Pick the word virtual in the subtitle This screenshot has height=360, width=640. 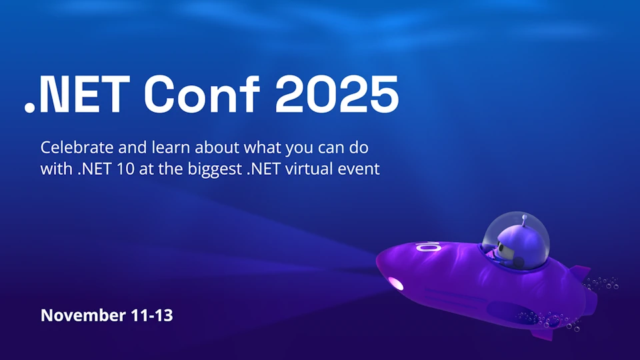(325, 169)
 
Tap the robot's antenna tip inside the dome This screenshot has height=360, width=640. (525, 218)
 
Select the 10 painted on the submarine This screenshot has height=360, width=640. (428, 248)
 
